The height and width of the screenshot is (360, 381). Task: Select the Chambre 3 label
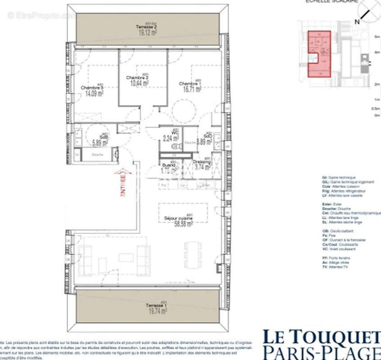(92, 87)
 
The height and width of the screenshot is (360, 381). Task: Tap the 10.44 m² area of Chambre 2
(139, 83)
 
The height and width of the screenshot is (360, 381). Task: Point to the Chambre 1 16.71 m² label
(190, 89)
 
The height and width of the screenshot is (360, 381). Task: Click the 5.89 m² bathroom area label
(100, 143)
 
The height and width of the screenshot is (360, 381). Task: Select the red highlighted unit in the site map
(319, 53)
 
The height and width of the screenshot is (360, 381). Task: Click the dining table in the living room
(194, 254)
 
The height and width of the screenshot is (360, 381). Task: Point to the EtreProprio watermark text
(41, 15)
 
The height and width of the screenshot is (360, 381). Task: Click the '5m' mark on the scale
(377, 37)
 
